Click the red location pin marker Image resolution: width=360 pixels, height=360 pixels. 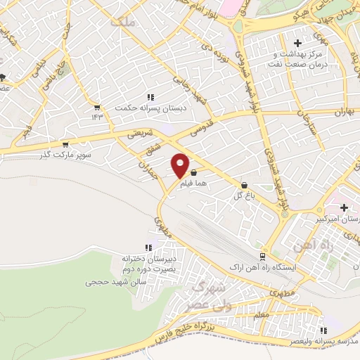pyautogui.click(x=181, y=165)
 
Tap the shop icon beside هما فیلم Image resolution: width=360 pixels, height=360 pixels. pyautogui.click(x=193, y=172)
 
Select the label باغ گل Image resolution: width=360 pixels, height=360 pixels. pyautogui.click(x=243, y=195)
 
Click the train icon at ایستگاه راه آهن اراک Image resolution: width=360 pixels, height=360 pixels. pyautogui.click(x=262, y=257)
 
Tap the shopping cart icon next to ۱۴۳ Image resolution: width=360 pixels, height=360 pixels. pyautogui.click(x=96, y=107)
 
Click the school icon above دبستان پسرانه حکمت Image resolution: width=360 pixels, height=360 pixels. pyautogui.click(x=150, y=97)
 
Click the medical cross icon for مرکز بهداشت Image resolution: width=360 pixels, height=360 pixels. pyautogui.click(x=298, y=44)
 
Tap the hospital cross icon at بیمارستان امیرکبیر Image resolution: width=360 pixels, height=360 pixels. pyautogui.click(x=344, y=207)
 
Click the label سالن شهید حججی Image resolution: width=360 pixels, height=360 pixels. pyautogui.click(x=110, y=282)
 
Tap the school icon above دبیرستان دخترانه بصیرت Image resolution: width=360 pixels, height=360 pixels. pyautogui.click(x=148, y=247)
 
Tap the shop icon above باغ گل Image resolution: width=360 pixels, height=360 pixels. pyautogui.click(x=243, y=185)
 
